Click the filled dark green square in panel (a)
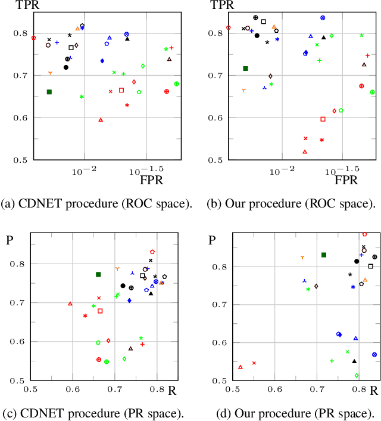[x=49, y=92]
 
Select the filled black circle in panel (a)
[x=66, y=67]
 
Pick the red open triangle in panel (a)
[x=101, y=120]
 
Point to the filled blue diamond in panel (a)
[x=102, y=61]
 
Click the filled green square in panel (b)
[x=245, y=69]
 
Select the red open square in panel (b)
[x=323, y=119]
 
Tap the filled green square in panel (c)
[x=99, y=274]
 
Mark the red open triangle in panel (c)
[x=70, y=304]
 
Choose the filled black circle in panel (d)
[x=357, y=261]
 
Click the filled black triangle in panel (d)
[x=354, y=361]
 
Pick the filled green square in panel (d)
[x=324, y=255]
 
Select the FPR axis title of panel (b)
[x=346, y=179]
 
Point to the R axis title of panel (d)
[x=374, y=391]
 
